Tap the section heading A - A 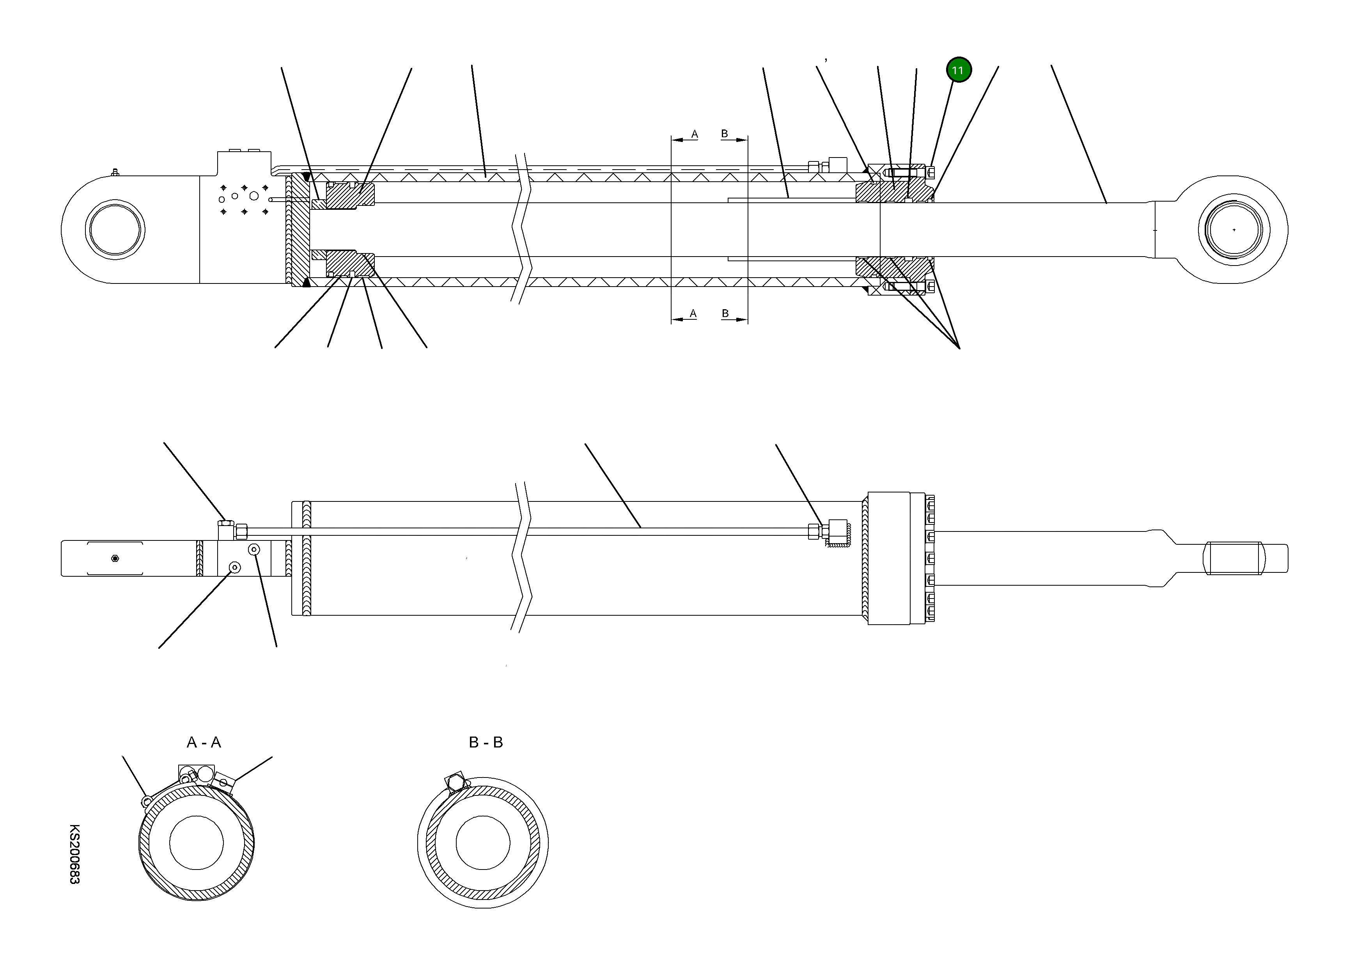(204, 742)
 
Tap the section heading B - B (486, 742)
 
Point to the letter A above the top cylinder (694, 134)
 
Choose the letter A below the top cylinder (693, 313)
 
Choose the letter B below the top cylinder (725, 313)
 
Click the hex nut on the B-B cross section (455, 784)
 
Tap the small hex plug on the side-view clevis (115, 558)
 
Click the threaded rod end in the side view (1234, 558)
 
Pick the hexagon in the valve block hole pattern (254, 196)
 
